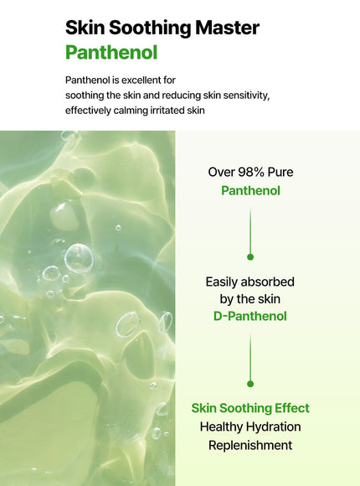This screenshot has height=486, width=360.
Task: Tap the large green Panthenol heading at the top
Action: [x=111, y=53]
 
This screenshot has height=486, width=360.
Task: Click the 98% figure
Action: [x=252, y=172]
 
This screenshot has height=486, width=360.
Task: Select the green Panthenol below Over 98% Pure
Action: [x=249, y=190]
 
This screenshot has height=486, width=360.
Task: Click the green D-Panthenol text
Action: [x=249, y=316]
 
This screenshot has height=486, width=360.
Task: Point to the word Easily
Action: [x=224, y=282]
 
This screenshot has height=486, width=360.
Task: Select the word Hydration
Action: [x=272, y=427]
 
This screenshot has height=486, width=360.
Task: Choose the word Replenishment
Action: [x=250, y=445]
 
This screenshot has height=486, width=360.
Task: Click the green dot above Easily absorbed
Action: [x=250, y=256]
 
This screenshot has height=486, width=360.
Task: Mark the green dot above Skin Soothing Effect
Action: [x=250, y=383]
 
